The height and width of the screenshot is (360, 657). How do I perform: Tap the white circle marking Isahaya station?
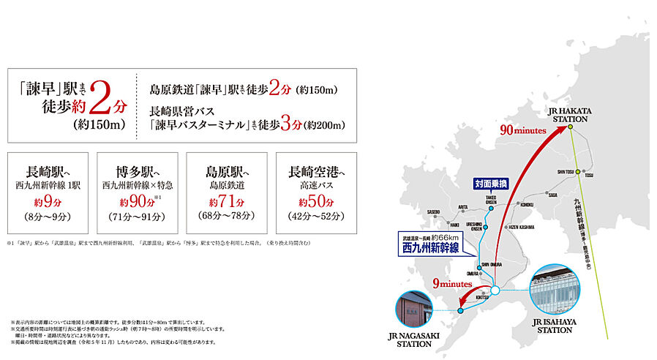pos(495,290)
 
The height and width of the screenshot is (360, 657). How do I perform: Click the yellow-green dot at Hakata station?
pos(569,128)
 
